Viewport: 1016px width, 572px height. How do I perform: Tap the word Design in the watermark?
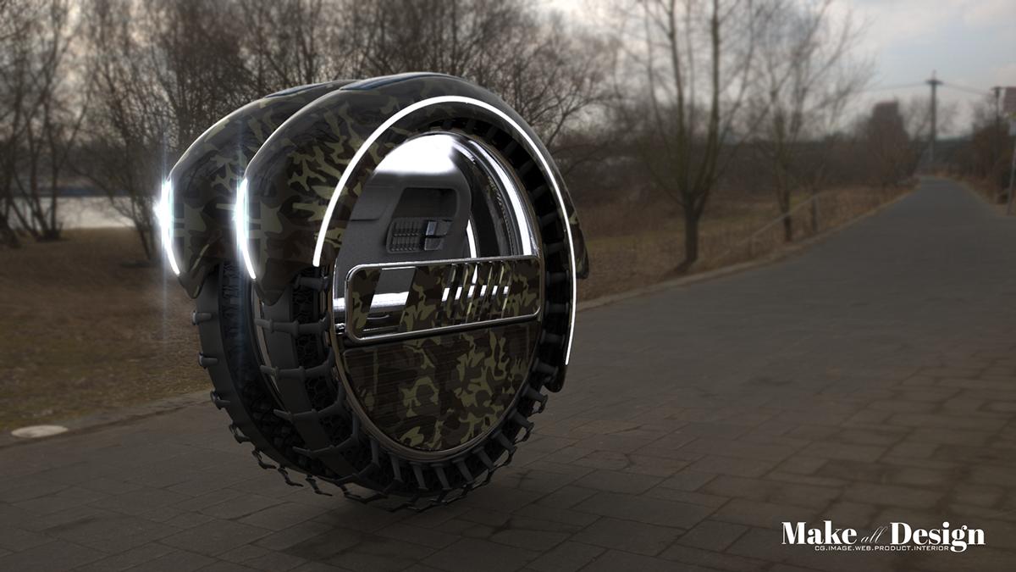click(937, 536)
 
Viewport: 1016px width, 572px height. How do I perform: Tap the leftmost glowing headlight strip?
click(167, 225)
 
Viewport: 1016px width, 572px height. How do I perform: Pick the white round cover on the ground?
click(40, 430)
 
